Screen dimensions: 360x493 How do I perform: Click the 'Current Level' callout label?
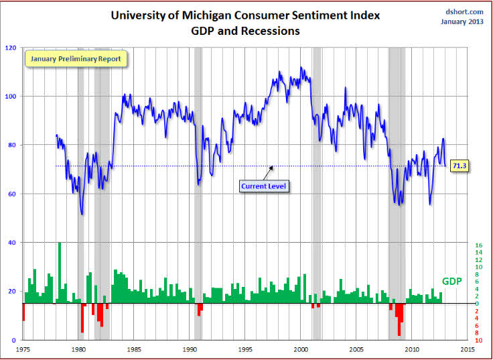(x=264, y=185)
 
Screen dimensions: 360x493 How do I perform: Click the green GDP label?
(x=451, y=281)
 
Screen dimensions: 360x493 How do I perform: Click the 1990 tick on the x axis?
(x=190, y=350)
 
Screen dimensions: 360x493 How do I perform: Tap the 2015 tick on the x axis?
(x=468, y=350)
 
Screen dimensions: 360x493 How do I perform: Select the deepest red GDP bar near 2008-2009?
(x=399, y=319)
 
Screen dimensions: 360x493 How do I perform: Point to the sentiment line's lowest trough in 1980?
(x=82, y=214)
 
